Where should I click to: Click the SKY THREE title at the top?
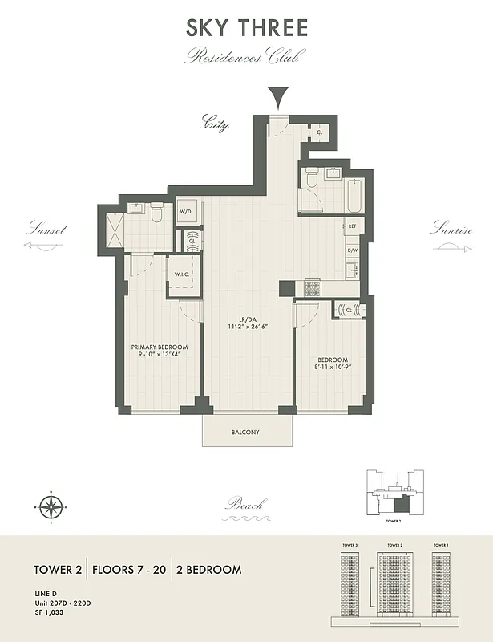[x=247, y=28]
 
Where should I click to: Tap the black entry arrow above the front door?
[x=277, y=99]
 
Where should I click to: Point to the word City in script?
[x=214, y=124]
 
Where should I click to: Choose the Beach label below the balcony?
[x=244, y=505]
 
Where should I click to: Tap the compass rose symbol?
[x=51, y=505]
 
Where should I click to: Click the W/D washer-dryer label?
[x=185, y=212]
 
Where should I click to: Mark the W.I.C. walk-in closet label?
[x=182, y=274]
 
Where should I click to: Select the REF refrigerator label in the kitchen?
[x=352, y=227]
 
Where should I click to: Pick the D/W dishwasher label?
[x=352, y=250]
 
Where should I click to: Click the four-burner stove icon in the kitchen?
[x=312, y=288]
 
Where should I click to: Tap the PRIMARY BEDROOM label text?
[x=160, y=347]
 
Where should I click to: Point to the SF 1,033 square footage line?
[x=48, y=612]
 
